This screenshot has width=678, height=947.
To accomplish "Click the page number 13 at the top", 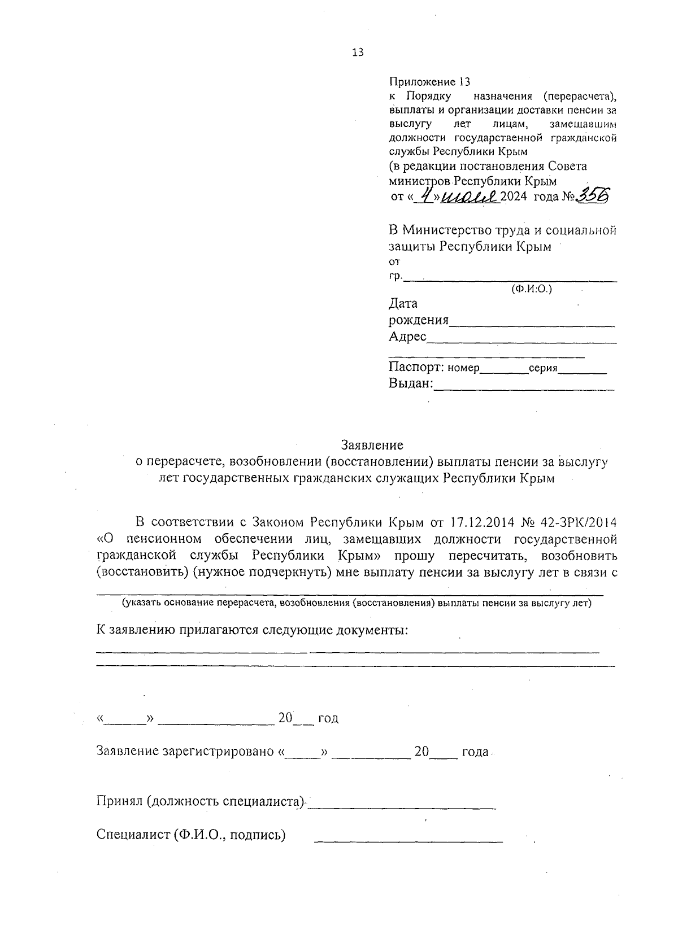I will pyautogui.click(x=358, y=53).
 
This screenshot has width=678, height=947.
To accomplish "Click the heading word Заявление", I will pyautogui.click(x=372, y=445).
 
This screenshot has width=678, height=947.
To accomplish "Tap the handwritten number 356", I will pyautogui.click(x=594, y=195).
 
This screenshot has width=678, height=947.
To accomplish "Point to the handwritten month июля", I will pyautogui.click(x=468, y=195).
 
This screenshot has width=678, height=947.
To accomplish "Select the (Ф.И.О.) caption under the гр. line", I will pyautogui.click(x=531, y=289).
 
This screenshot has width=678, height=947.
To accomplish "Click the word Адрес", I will pyautogui.click(x=407, y=337).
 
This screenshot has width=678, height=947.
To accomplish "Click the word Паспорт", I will pyautogui.click(x=416, y=368).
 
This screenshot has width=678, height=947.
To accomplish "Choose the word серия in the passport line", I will pyautogui.click(x=543, y=368).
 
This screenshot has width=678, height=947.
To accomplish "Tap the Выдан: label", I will pyautogui.click(x=411, y=384).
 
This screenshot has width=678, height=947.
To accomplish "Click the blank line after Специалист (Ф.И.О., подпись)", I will pyautogui.click(x=408, y=842).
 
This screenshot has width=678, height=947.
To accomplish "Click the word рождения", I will pyautogui.click(x=419, y=321).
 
